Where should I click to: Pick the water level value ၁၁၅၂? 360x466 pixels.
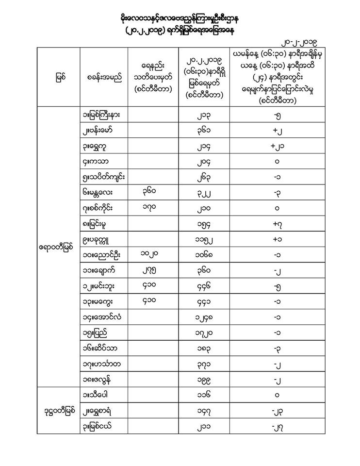coord(203,239)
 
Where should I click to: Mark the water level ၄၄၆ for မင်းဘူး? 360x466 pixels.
coord(203,286)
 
